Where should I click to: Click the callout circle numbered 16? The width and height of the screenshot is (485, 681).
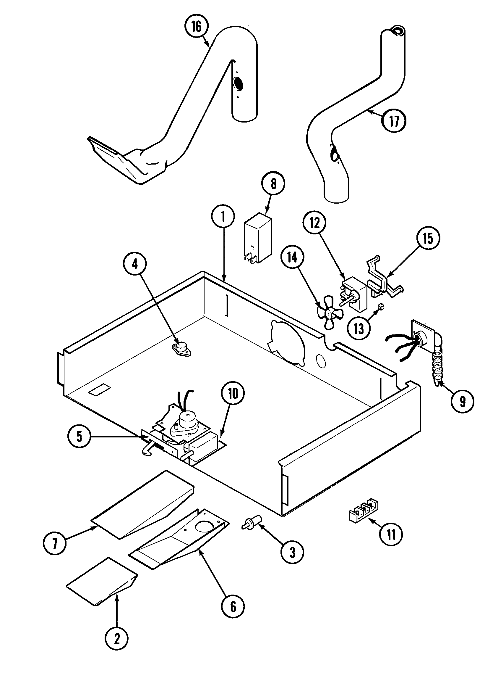(x=196, y=27)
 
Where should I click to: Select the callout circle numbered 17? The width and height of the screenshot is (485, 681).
(x=394, y=121)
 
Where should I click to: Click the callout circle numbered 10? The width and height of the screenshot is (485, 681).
(x=233, y=394)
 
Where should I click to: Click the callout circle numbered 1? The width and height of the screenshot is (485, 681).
(x=223, y=217)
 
